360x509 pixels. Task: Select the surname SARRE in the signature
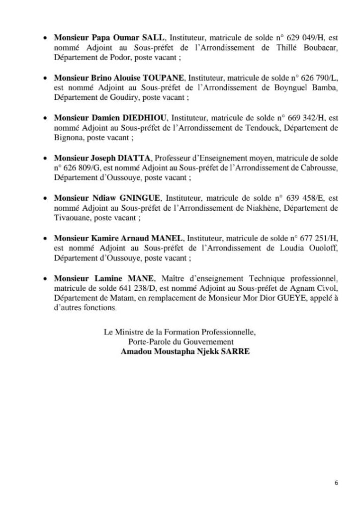coord(237,351)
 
